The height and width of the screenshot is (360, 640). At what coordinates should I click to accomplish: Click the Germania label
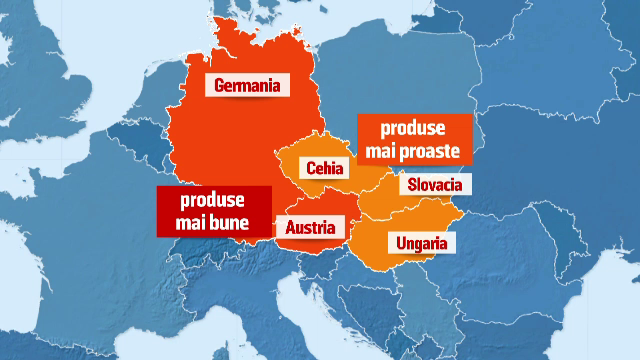(x=246, y=85)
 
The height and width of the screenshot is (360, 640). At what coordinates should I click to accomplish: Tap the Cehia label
(x=326, y=169)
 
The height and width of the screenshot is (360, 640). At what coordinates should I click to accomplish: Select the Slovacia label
(x=434, y=185)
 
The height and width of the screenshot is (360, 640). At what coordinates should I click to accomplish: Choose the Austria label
(x=309, y=228)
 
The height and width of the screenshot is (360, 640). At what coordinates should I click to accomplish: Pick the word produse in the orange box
(x=414, y=129)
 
